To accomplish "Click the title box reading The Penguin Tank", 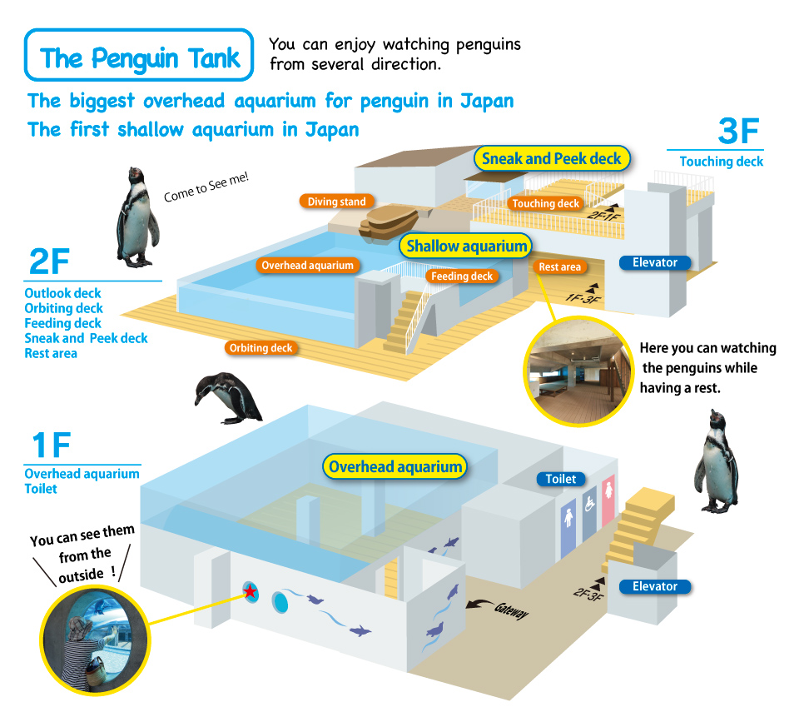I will pos(139,57).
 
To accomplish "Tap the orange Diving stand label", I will pos(336,202).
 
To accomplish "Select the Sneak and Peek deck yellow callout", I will pos(552,159).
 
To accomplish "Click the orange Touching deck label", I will pos(545,203).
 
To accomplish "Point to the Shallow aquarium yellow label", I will pos(466,246).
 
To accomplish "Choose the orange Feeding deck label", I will pos(462,276).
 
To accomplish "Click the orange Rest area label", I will pos(559,266).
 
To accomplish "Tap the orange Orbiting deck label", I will pos(261,347).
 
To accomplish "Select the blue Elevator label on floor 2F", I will pos(654,262).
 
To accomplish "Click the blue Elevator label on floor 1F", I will pos(654,586).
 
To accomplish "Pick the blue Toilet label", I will pos(560,479).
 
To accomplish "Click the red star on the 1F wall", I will pos(250,591).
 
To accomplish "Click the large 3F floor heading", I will pos(739,133).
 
